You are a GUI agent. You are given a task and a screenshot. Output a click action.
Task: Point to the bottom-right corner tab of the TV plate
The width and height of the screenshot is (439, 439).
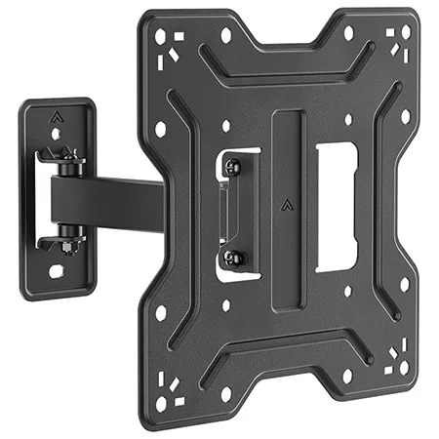coord(398,367)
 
